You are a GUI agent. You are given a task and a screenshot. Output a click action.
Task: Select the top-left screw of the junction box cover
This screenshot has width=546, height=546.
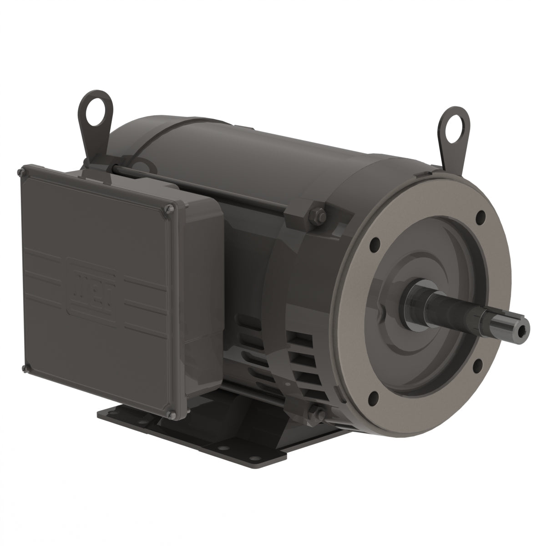[20, 172]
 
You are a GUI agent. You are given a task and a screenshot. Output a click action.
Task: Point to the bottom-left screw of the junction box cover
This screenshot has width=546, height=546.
[23, 367]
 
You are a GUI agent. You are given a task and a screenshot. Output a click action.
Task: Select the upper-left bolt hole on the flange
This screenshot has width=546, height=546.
[376, 242]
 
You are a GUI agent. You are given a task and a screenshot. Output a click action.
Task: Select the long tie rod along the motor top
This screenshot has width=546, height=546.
[205, 182]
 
